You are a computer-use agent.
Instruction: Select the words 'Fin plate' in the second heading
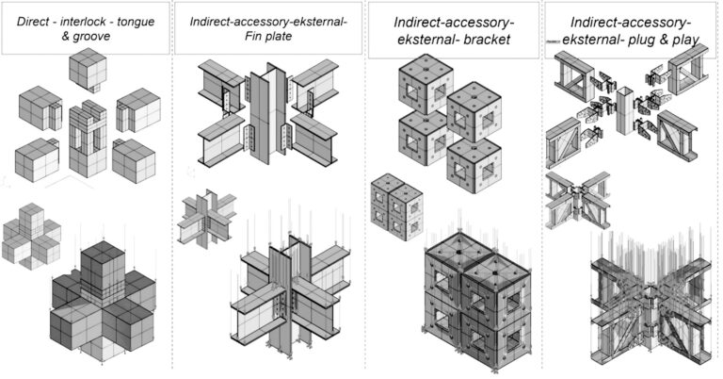pyautogui.click(x=268, y=36)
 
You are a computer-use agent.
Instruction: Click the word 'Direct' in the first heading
pyautogui.click(x=33, y=22)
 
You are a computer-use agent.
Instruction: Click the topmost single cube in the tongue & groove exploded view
pyautogui.click(x=88, y=70)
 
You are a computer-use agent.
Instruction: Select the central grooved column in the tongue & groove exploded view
pyautogui.click(x=88, y=138)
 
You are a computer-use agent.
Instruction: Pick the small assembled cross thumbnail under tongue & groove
pyautogui.click(x=31, y=236)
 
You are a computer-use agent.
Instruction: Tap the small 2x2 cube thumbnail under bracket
pyautogui.click(x=396, y=206)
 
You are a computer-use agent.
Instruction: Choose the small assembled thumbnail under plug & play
pyautogui.click(x=577, y=201)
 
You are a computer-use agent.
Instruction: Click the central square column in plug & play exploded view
pyautogui.click(x=625, y=111)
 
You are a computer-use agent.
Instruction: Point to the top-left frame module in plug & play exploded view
pyautogui.click(x=574, y=76)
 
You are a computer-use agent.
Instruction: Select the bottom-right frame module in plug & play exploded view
pyautogui.click(x=677, y=136)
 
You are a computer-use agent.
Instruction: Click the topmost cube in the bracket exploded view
pyautogui.click(x=426, y=84)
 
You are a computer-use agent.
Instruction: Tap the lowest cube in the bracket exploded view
pyautogui.click(x=474, y=165)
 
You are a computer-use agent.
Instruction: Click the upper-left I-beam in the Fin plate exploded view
pyautogui.click(x=221, y=87)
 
